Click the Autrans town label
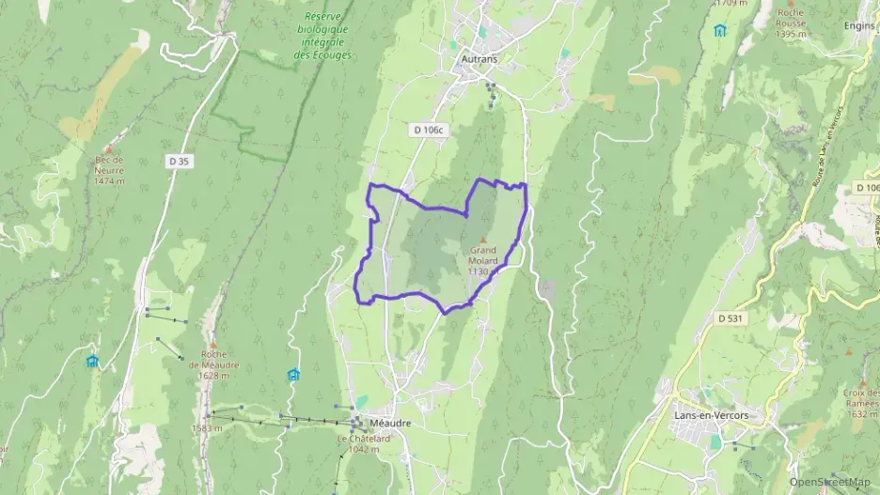pyautogui.click(x=479, y=58)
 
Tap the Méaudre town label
pyautogui.click(x=390, y=423)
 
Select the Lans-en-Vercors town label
pyautogui.click(x=711, y=415)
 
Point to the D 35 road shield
pyautogui.click(x=178, y=162)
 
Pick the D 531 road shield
pyautogui.click(x=730, y=318)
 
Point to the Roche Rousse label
pyautogui.click(x=792, y=23)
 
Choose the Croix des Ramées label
pyautogui.click(x=858, y=398)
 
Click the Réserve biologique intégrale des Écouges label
pyautogui.click(x=322, y=37)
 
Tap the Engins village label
pyautogui.click(x=859, y=25)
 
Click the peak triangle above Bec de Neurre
pyautogui.click(x=110, y=148)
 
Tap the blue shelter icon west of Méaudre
pyautogui.click(x=293, y=375)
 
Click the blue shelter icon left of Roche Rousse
pyautogui.click(x=719, y=30)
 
